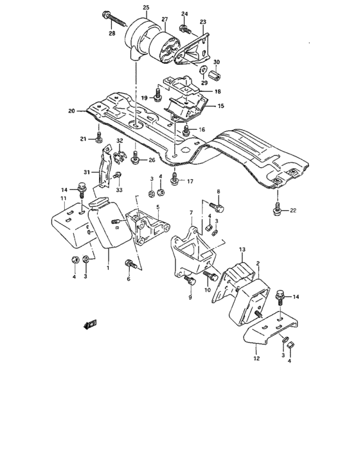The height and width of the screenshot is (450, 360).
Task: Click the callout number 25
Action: click(x=145, y=7)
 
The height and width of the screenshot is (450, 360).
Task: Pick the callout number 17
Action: click(x=190, y=181)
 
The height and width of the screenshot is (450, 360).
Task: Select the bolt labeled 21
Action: click(x=98, y=136)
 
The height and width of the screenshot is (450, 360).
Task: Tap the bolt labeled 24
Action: click(x=184, y=27)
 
